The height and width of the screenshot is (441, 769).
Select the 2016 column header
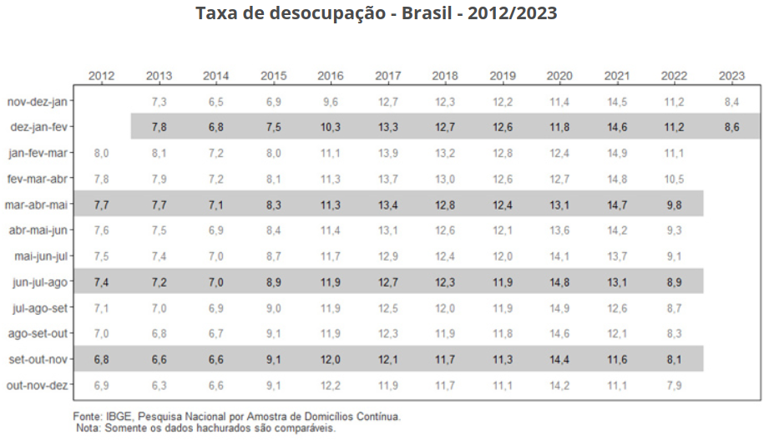point(331,76)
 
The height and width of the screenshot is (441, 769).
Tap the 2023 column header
point(731,76)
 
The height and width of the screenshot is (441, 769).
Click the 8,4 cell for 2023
point(731,102)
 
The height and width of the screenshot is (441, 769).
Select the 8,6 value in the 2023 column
point(731,128)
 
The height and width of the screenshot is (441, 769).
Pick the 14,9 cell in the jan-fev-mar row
point(617,154)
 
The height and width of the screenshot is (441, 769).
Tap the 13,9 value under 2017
point(387,154)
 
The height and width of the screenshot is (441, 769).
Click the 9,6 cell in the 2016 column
point(331,102)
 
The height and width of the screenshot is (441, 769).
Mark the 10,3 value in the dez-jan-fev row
point(331,128)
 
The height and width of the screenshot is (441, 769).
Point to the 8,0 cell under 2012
point(102,154)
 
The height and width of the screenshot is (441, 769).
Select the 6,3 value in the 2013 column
point(159,385)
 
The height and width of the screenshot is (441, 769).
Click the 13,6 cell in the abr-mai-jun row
point(559,231)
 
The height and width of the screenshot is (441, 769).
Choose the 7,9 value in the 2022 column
point(674,385)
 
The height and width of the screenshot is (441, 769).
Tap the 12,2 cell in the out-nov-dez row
point(331,385)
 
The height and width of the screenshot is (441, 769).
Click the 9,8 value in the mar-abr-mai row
point(674,205)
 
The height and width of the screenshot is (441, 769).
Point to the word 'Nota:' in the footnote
point(88,428)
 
